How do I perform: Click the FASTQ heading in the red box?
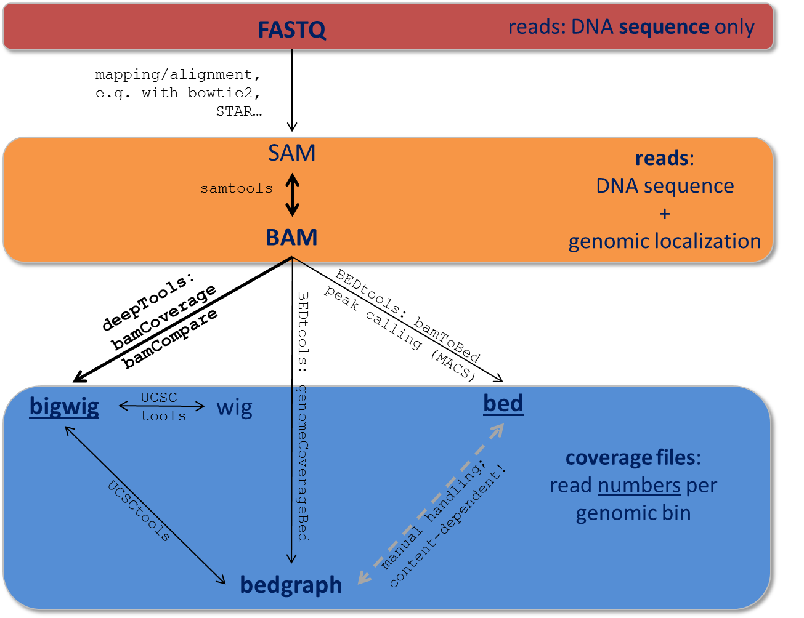[x=291, y=30]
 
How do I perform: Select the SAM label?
[x=291, y=153]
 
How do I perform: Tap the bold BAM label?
[x=291, y=238]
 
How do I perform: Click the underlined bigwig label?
[x=64, y=407]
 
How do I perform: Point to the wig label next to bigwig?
[x=234, y=407]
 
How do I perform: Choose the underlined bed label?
[x=503, y=404]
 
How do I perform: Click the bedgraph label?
[x=291, y=585]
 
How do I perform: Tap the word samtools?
[x=236, y=189]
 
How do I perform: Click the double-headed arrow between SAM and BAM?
[x=292, y=195]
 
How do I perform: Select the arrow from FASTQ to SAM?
[x=292, y=92]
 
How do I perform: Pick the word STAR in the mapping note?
[x=235, y=111]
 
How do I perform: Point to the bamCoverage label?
[x=164, y=318]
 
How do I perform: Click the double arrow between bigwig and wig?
[x=161, y=406]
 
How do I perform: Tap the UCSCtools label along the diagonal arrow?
[x=139, y=511]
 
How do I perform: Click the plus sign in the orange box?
[x=664, y=214]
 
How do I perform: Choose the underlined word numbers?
[x=639, y=486]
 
